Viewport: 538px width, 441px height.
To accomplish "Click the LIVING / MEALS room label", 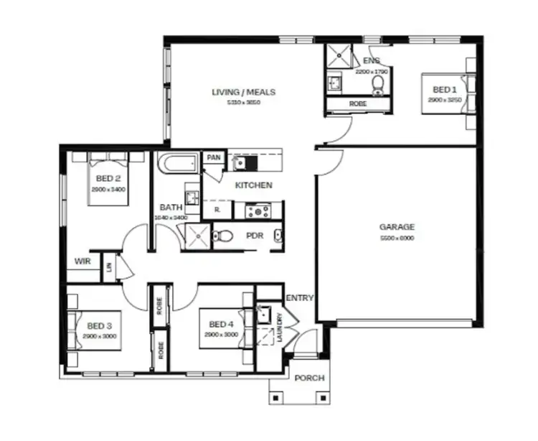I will (243, 92).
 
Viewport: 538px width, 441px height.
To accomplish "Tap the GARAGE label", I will (397, 227).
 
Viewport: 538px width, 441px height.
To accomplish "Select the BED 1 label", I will (444, 90).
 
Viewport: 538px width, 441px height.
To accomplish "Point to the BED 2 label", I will (108, 179).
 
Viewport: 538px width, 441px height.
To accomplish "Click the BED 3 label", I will (98, 325).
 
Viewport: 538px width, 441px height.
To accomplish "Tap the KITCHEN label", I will (254, 185).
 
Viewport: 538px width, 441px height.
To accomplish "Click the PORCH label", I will (309, 378).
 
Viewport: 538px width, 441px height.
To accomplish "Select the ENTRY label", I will (300, 298).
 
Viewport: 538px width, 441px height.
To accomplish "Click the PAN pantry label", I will (213, 157).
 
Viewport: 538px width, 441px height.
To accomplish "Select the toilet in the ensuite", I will (378, 85).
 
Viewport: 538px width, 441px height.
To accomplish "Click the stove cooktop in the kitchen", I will (258, 211).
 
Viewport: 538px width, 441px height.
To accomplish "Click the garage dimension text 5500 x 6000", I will (397, 238).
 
